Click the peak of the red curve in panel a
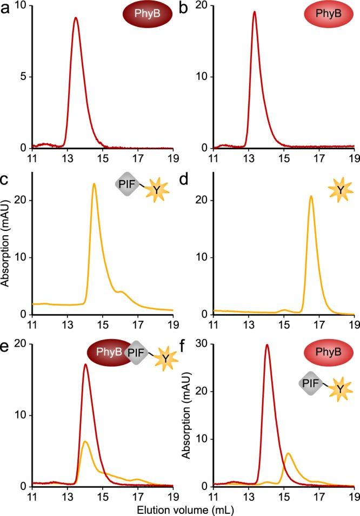point(76,18)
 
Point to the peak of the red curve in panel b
point(254,12)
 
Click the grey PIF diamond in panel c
point(125,185)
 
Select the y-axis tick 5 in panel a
point(24,77)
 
